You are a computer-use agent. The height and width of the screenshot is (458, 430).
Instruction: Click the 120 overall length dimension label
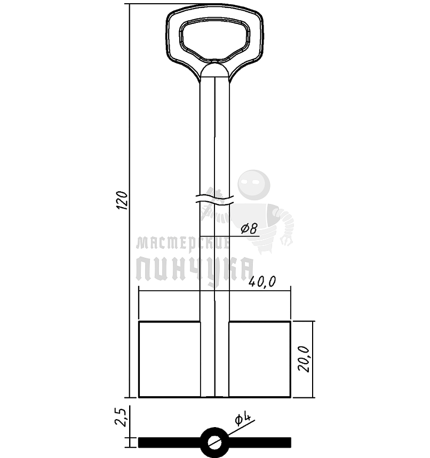(122, 200)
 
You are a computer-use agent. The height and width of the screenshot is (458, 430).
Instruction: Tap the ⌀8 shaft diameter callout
(249, 228)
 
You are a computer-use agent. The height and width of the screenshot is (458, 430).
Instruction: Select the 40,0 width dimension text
(262, 282)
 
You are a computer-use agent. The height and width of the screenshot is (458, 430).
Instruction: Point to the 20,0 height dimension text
(304, 359)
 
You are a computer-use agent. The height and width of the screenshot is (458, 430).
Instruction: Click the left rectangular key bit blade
(169, 359)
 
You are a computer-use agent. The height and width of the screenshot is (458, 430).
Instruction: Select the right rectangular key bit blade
(260, 359)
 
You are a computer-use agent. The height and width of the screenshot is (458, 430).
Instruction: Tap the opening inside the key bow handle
(214, 40)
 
